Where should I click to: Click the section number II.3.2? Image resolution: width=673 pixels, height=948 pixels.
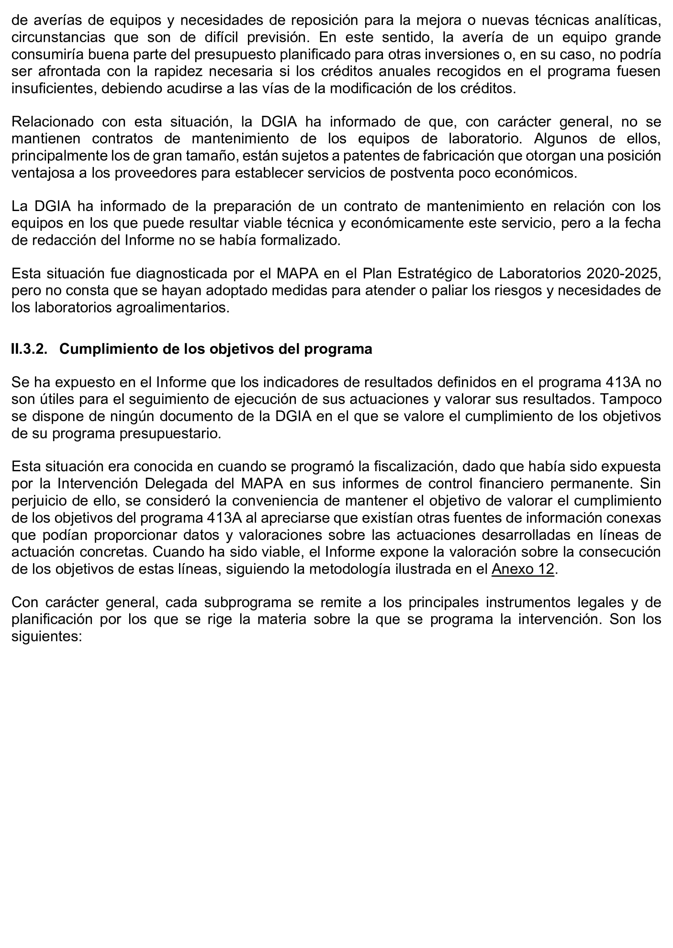click(x=29, y=349)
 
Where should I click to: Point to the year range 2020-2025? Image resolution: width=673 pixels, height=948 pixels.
click(x=623, y=273)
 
